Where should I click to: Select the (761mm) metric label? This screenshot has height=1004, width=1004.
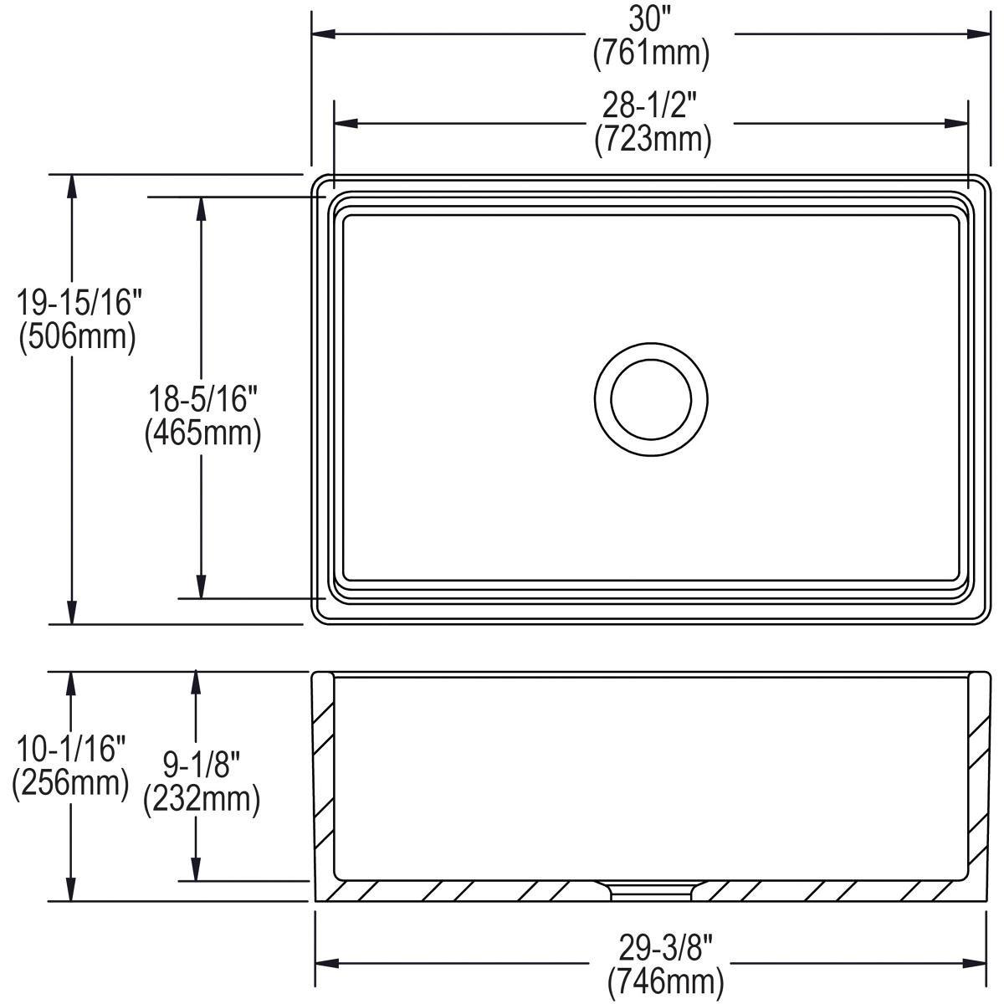coord(652,54)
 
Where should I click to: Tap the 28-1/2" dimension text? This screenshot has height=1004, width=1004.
coord(652,107)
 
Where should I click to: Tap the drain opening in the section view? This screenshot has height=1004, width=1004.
coord(651,890)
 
